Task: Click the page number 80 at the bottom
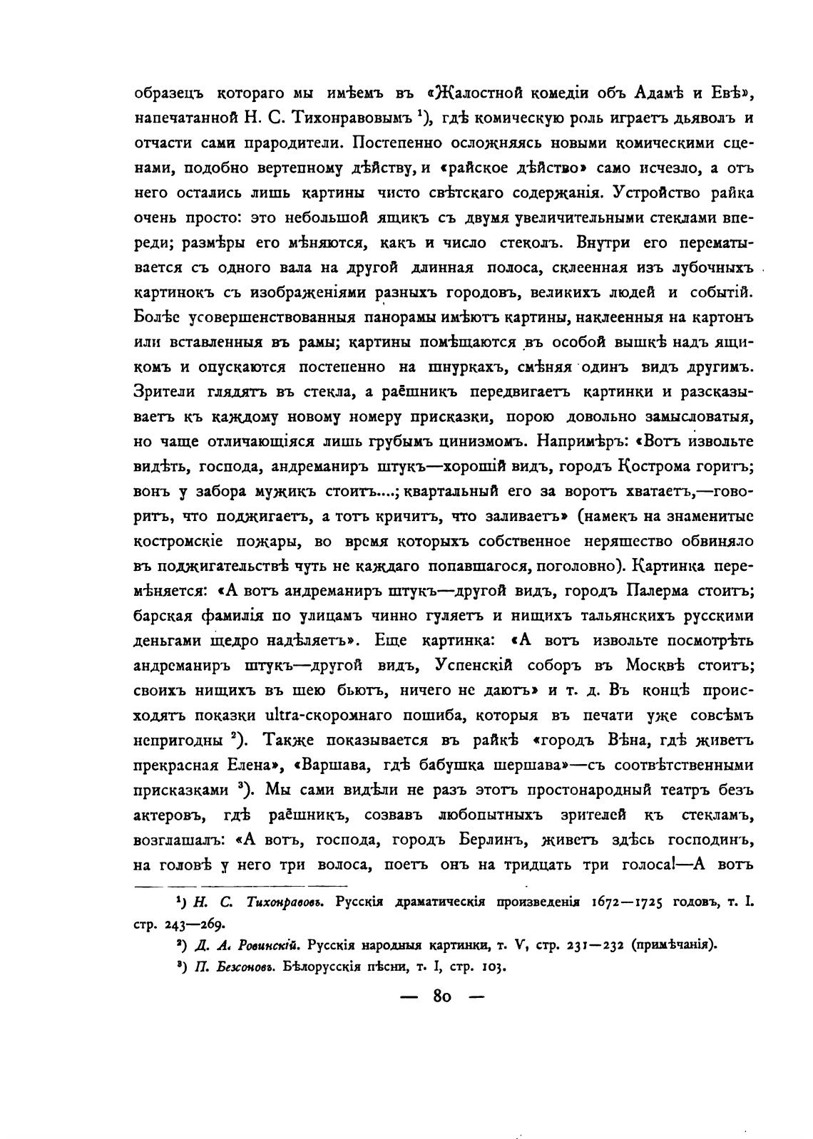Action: click(x=442, y=997)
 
